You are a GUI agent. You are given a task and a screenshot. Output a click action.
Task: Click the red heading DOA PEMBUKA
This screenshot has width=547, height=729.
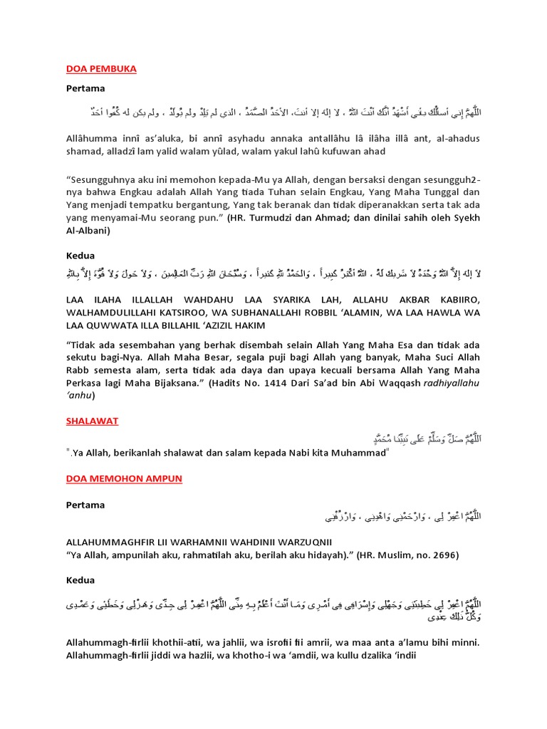tap(100, 69)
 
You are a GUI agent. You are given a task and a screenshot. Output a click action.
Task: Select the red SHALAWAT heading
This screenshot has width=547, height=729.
tap(92, 421)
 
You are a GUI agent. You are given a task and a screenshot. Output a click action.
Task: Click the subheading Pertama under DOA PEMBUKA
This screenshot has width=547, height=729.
tap(85, 89)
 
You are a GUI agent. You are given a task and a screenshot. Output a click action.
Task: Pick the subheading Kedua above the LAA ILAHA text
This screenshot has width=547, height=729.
tap(80, 255)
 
